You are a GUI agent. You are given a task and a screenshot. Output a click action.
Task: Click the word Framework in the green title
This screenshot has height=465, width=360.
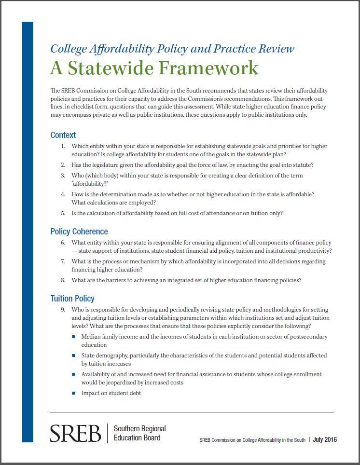click(x=206, y=68)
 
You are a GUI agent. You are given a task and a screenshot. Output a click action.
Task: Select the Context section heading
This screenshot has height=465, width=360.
click(x=63, y=135)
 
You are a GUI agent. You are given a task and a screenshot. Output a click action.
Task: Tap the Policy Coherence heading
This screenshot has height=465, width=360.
click(x=79, y=232)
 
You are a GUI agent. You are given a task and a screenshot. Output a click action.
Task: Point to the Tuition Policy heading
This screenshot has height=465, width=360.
click(x=72, y=299)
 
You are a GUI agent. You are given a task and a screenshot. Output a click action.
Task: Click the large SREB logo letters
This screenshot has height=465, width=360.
click(x=75, y=433)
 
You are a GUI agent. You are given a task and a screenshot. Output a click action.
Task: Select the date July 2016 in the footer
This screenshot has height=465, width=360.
click(x=325, y=439)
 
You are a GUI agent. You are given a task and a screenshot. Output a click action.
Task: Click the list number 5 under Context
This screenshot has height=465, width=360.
click(x=63, y=213)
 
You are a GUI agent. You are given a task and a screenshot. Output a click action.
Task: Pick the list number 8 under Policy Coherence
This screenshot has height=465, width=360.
click(x=63, y=280)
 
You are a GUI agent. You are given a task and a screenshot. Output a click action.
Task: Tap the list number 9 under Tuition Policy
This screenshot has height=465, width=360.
click(x=63, y=310)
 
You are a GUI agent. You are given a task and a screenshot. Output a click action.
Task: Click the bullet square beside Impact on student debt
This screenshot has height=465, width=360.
click(x=74, y=393)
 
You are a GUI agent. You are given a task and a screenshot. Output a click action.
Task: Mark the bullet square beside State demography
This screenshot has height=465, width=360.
click(x=74, y=356)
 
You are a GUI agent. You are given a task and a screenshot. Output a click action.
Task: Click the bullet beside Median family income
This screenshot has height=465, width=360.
click(x=74, y=337)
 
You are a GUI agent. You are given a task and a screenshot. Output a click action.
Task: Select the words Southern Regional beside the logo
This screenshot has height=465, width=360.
click(x=139, y=428)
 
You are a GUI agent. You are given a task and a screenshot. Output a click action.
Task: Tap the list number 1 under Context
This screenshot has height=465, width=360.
click(x=63, y=146)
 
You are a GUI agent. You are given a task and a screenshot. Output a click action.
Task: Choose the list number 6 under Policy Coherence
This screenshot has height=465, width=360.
click(x=63, y=243)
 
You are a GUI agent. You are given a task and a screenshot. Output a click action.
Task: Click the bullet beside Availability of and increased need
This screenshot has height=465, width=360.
click(x=74, y=374)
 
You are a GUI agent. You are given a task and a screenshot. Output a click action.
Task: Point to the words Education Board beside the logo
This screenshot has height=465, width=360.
click(x=137, y=438)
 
